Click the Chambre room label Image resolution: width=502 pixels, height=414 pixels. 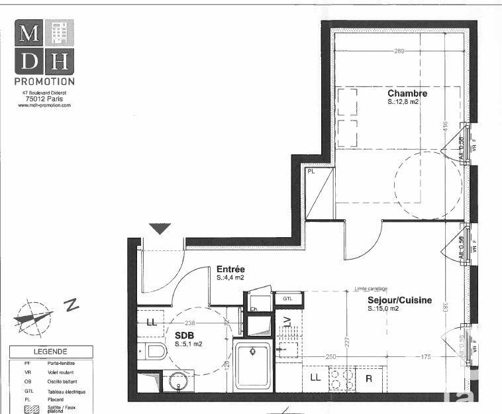(407, 93)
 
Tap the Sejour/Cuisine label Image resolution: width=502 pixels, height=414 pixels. (399, 300)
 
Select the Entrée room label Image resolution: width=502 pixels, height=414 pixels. (230, 270)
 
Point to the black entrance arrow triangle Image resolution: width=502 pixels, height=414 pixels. (160, 229)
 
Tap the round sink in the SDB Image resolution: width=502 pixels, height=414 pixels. (176, 382)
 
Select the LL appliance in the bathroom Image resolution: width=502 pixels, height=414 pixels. (152, 323)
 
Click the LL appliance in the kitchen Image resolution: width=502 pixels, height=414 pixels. (315, 378)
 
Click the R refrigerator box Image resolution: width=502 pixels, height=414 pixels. (369, 379)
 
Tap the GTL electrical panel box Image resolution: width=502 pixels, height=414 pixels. (287, 299)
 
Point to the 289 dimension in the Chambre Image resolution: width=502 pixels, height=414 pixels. (399, 51)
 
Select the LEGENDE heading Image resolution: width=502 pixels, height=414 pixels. (50, 352)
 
